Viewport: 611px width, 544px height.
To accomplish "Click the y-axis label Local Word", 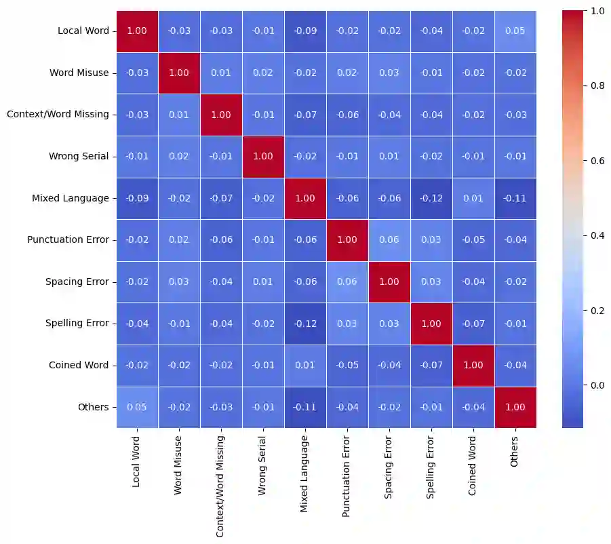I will [79, 31].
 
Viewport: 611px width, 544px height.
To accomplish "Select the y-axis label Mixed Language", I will [70, 198].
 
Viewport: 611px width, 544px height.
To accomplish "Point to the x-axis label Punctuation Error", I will [347, 479].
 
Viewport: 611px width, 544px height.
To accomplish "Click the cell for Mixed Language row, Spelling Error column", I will [431, 198].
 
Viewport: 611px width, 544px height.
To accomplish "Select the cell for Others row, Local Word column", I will [138, 407].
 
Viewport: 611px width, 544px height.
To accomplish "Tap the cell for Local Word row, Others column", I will [515, 31].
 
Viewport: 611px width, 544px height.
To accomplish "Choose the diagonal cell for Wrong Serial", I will [263, 156].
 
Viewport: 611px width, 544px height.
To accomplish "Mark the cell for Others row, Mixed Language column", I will [305, 407].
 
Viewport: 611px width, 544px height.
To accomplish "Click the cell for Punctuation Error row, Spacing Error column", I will [389, 239].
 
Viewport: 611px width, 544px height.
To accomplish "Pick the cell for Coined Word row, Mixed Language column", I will [305, 365].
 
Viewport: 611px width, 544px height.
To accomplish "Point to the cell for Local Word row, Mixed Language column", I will [305, 31].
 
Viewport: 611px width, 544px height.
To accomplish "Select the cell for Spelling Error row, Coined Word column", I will [473, 323].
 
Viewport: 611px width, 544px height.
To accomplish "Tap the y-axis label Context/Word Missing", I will [58, 114].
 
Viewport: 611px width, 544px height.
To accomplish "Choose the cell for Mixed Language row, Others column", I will [515, 198].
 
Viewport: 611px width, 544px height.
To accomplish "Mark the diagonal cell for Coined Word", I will [473, 365].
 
